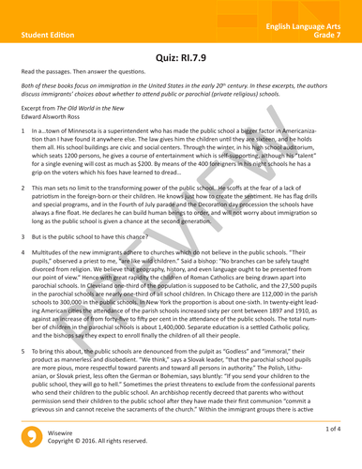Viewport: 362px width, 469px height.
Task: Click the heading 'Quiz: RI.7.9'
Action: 180,55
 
